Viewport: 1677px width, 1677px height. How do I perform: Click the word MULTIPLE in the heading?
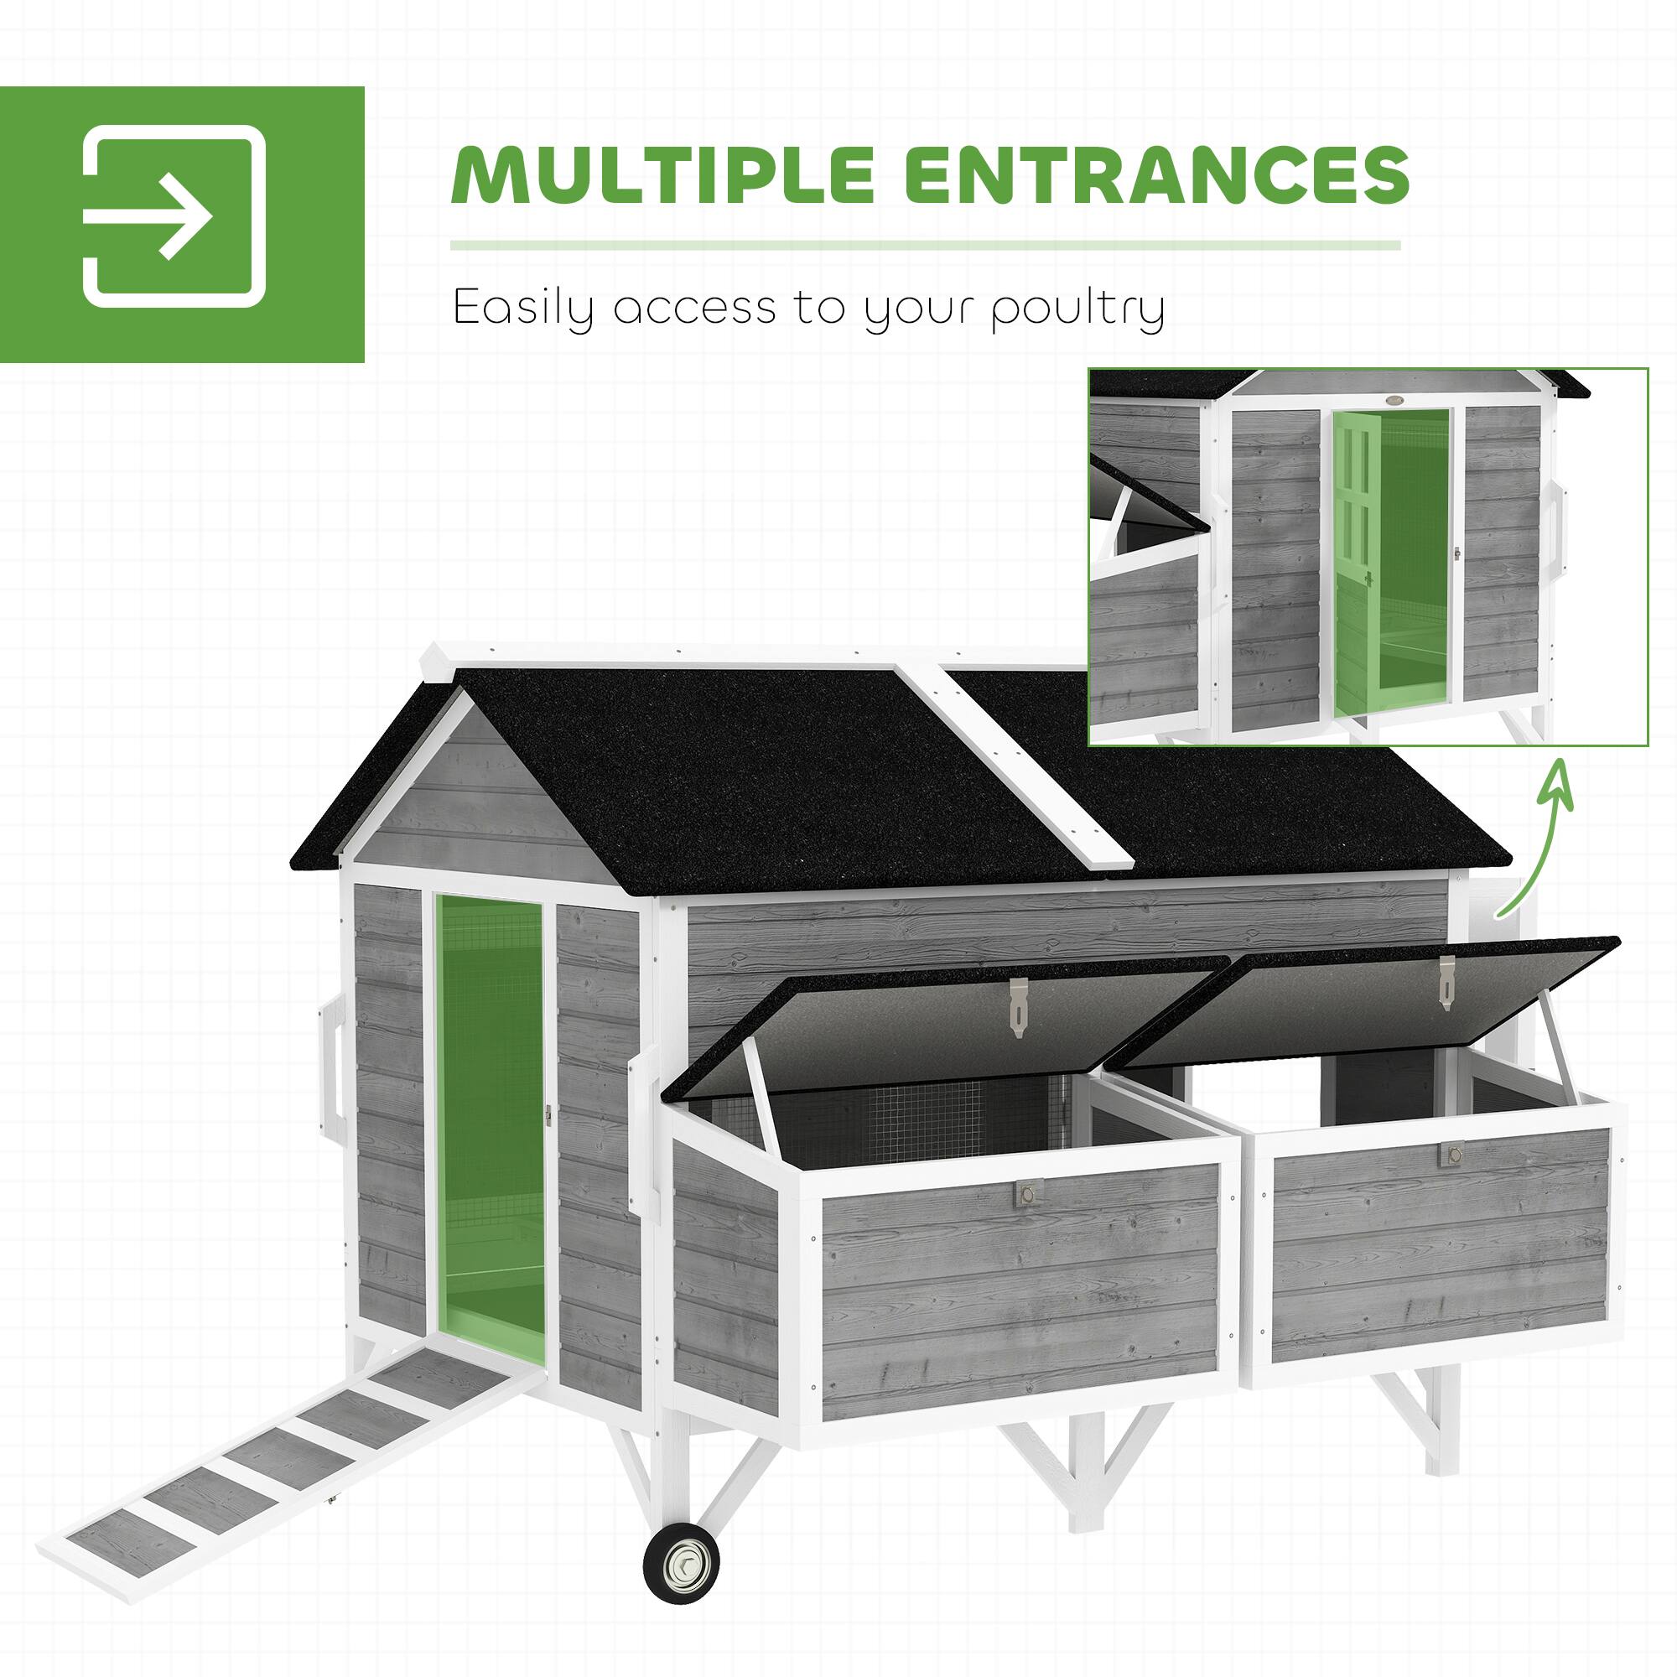pos(659,175)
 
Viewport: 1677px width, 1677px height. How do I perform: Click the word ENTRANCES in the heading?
pos(1158,175)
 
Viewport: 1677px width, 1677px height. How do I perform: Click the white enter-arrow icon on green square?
pos(173,217)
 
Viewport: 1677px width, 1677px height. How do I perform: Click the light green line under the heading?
pos(924,247)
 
